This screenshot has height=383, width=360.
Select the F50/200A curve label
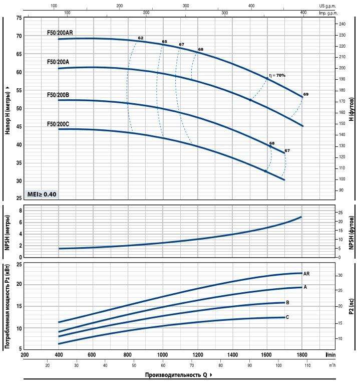point(58,62)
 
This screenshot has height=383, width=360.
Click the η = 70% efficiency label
point(277,75)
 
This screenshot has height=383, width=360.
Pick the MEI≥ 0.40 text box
point(42,194)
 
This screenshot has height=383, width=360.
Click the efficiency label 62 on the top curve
point(141,38)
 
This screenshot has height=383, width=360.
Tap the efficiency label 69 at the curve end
point(306,94)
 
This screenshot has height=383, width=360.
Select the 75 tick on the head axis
point(19,18)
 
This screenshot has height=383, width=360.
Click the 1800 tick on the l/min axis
point(301,355)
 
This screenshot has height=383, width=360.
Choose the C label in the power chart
point(287,317)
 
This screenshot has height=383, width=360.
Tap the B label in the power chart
point(287,302)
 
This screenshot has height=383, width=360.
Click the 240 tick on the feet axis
point(341,24)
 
